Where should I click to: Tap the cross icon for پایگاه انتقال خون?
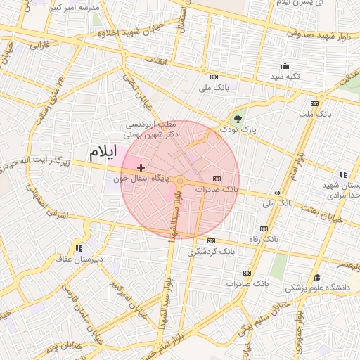tap(142, 167)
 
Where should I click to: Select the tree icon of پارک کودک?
tap(238, 117)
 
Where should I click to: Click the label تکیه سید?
tap(286, 76)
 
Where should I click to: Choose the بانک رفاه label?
tap(264, 239)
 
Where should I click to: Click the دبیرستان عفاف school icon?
tap(79, 247)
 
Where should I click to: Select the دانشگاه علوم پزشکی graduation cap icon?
tap(317, 278)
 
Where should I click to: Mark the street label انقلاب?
tap(155, 61)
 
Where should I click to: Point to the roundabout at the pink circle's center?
tap(180, 181)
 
